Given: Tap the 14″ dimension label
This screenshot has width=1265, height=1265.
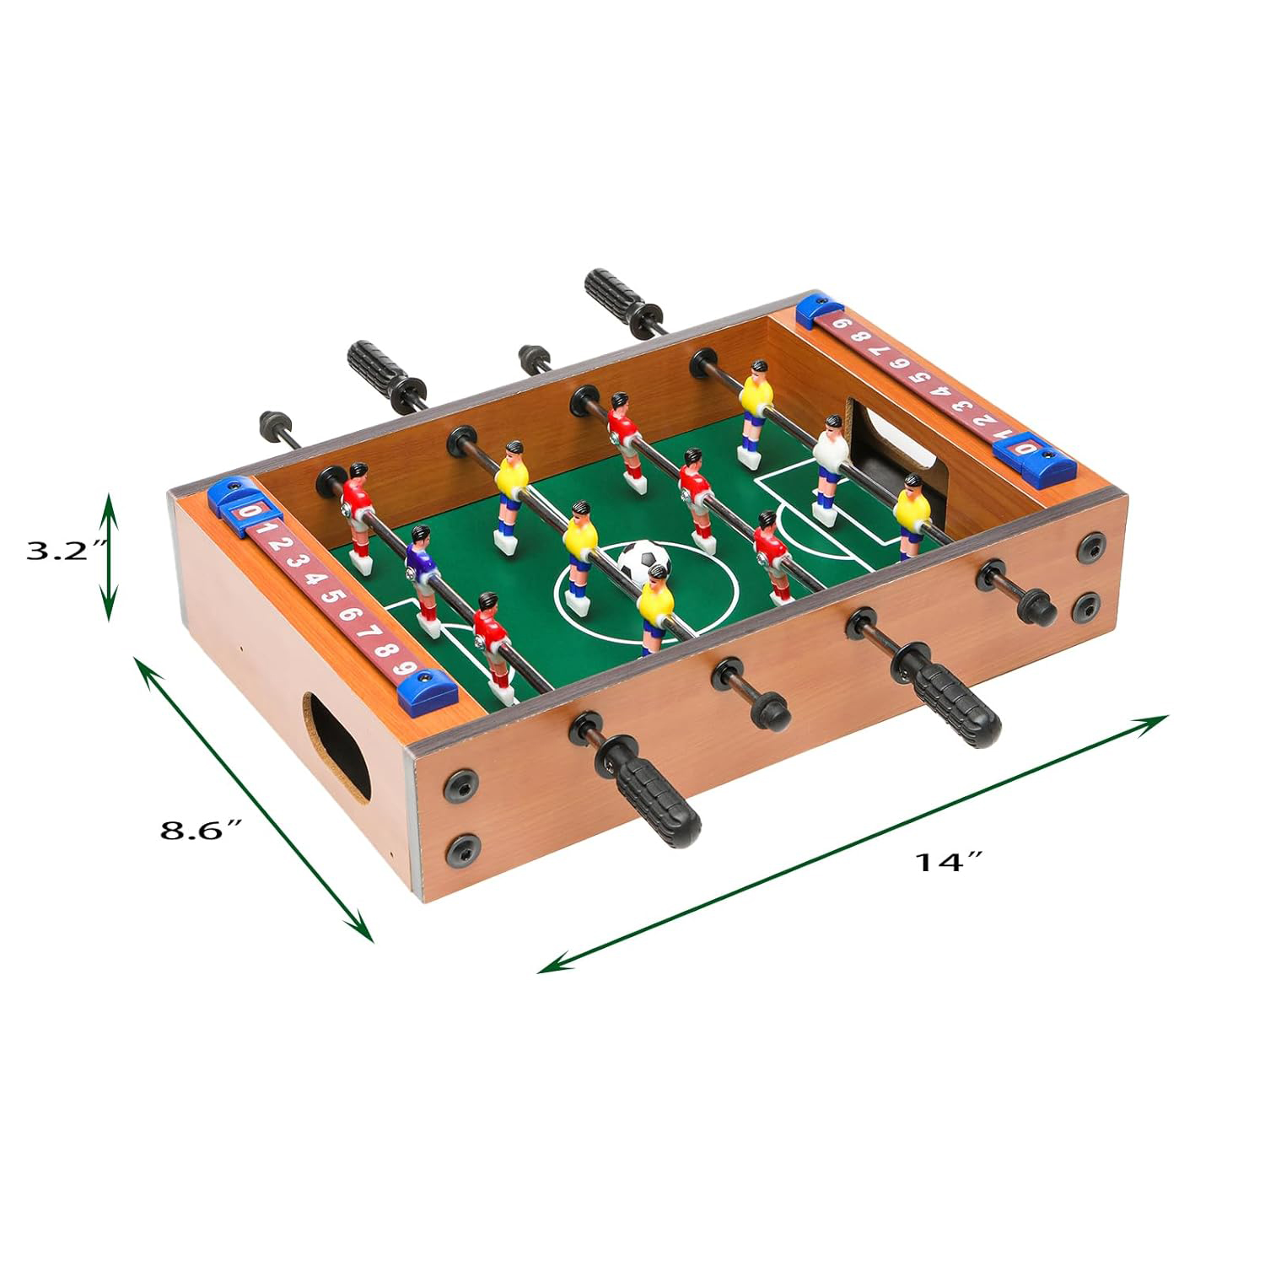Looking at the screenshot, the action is pyautogui.click(x=950, y=861).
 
